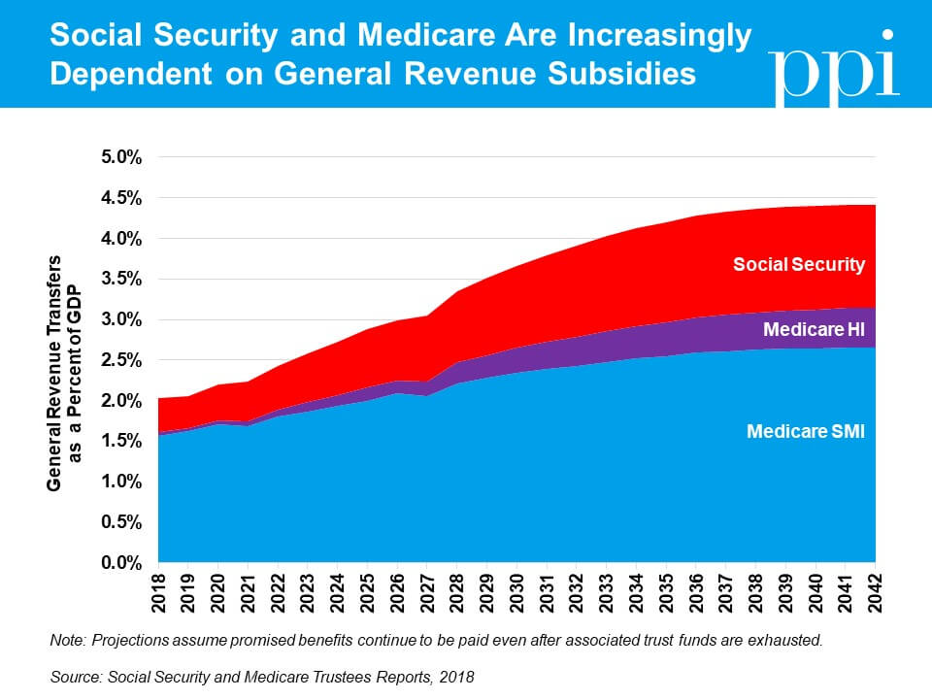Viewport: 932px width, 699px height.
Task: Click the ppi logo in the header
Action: [833, 68]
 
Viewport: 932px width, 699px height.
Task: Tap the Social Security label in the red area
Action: [799, 264]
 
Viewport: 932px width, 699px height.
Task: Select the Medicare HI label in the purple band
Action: [814, 329]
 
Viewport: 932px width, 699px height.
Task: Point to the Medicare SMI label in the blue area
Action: [806, 431]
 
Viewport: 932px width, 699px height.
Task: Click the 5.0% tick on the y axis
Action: [121, 157]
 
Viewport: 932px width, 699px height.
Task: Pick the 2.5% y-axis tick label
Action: [121, 360]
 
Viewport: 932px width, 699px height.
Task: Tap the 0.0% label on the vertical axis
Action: [121, 562]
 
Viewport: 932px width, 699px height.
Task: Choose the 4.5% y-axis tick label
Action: [121, 198]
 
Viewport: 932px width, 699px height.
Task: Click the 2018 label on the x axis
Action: [158, 593]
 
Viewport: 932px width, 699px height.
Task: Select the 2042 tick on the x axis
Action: [875, 593]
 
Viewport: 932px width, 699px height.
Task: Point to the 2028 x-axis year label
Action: [457, 593]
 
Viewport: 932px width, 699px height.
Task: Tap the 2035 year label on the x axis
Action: [666, 593]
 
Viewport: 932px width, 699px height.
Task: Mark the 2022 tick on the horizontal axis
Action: [279, 593]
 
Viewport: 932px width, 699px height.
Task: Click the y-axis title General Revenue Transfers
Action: [54, 373]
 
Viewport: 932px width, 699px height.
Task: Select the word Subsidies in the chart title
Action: [621, 75]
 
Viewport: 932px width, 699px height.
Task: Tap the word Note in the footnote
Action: [68, 640]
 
